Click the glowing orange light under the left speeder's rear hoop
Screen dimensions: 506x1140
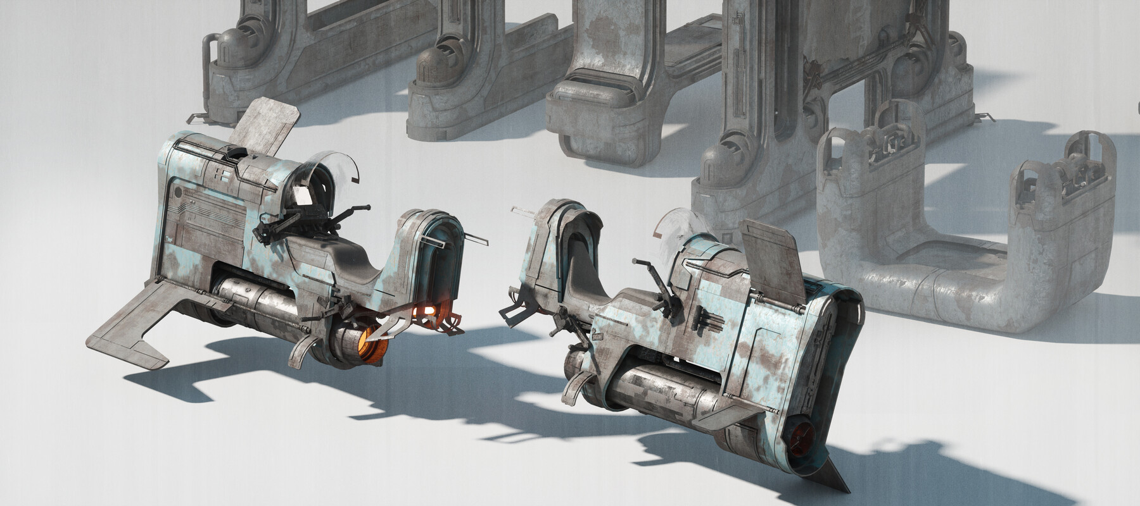[x=428, y=310]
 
